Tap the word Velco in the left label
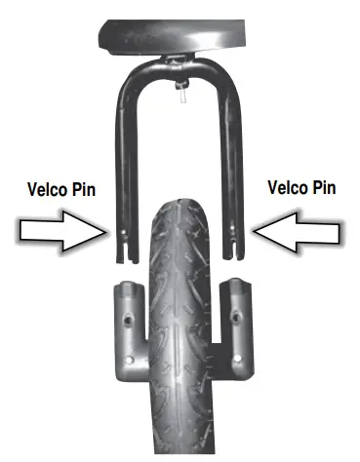tap(45, 189)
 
